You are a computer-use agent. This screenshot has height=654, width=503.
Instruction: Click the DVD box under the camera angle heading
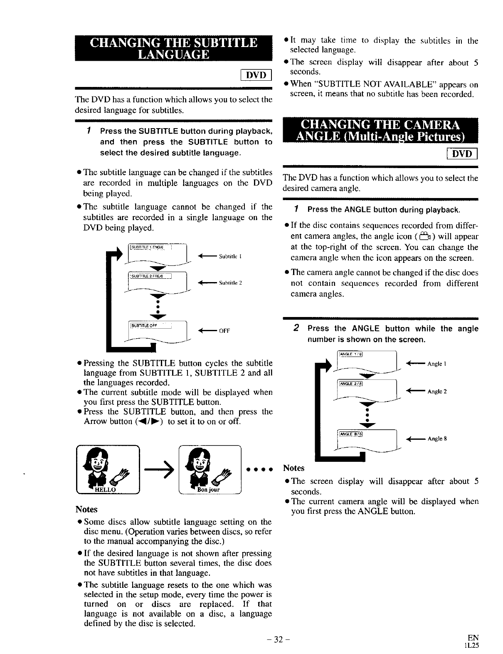[462, 154]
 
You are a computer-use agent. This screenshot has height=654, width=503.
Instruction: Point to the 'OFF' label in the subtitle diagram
[224, 331]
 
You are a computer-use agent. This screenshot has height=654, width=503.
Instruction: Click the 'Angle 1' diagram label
[436, 364]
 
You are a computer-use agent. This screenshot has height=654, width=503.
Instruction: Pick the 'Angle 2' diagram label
[436, 391]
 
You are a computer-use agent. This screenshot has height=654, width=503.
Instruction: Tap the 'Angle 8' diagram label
[437, 438]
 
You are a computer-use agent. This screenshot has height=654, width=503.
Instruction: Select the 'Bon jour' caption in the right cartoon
[209, 490]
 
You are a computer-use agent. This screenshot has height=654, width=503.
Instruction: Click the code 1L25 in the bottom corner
[472, 646]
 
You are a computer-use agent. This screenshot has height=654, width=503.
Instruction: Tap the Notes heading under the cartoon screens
[86, 509]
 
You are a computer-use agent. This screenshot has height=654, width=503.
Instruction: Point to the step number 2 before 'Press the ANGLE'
[296, 328]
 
